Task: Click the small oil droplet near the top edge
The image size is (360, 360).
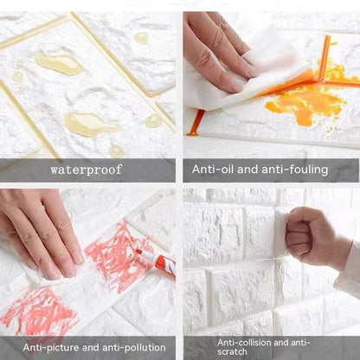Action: pos(140,38)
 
